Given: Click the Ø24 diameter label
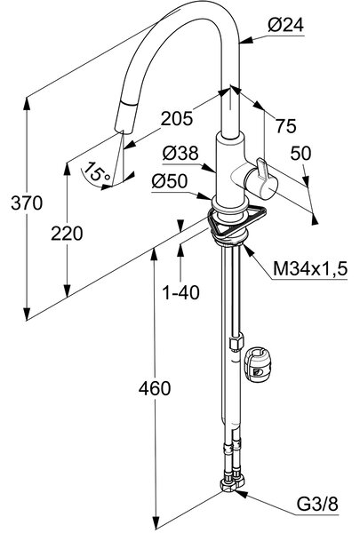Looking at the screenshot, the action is pos(285,25).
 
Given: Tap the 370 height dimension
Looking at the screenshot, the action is pos(27,203).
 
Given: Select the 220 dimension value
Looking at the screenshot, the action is pos(67,234).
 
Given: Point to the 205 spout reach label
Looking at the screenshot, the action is pos(177,119).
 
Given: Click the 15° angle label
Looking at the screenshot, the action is pos(98,171).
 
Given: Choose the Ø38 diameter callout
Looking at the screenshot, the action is pos(180,154).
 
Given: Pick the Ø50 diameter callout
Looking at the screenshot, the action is pos(170,181).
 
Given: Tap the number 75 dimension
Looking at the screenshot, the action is pos(286,126).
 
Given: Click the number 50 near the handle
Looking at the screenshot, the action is pos(300,154).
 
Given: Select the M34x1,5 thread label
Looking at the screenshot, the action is pos(310,269).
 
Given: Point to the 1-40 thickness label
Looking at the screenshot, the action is pos(181,292).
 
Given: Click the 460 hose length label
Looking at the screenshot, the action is pos(155,388).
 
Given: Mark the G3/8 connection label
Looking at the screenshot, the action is pos(317,505).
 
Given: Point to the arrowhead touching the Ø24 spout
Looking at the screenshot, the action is pos(246,40).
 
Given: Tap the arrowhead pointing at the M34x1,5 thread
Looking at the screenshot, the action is pos(248,251).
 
